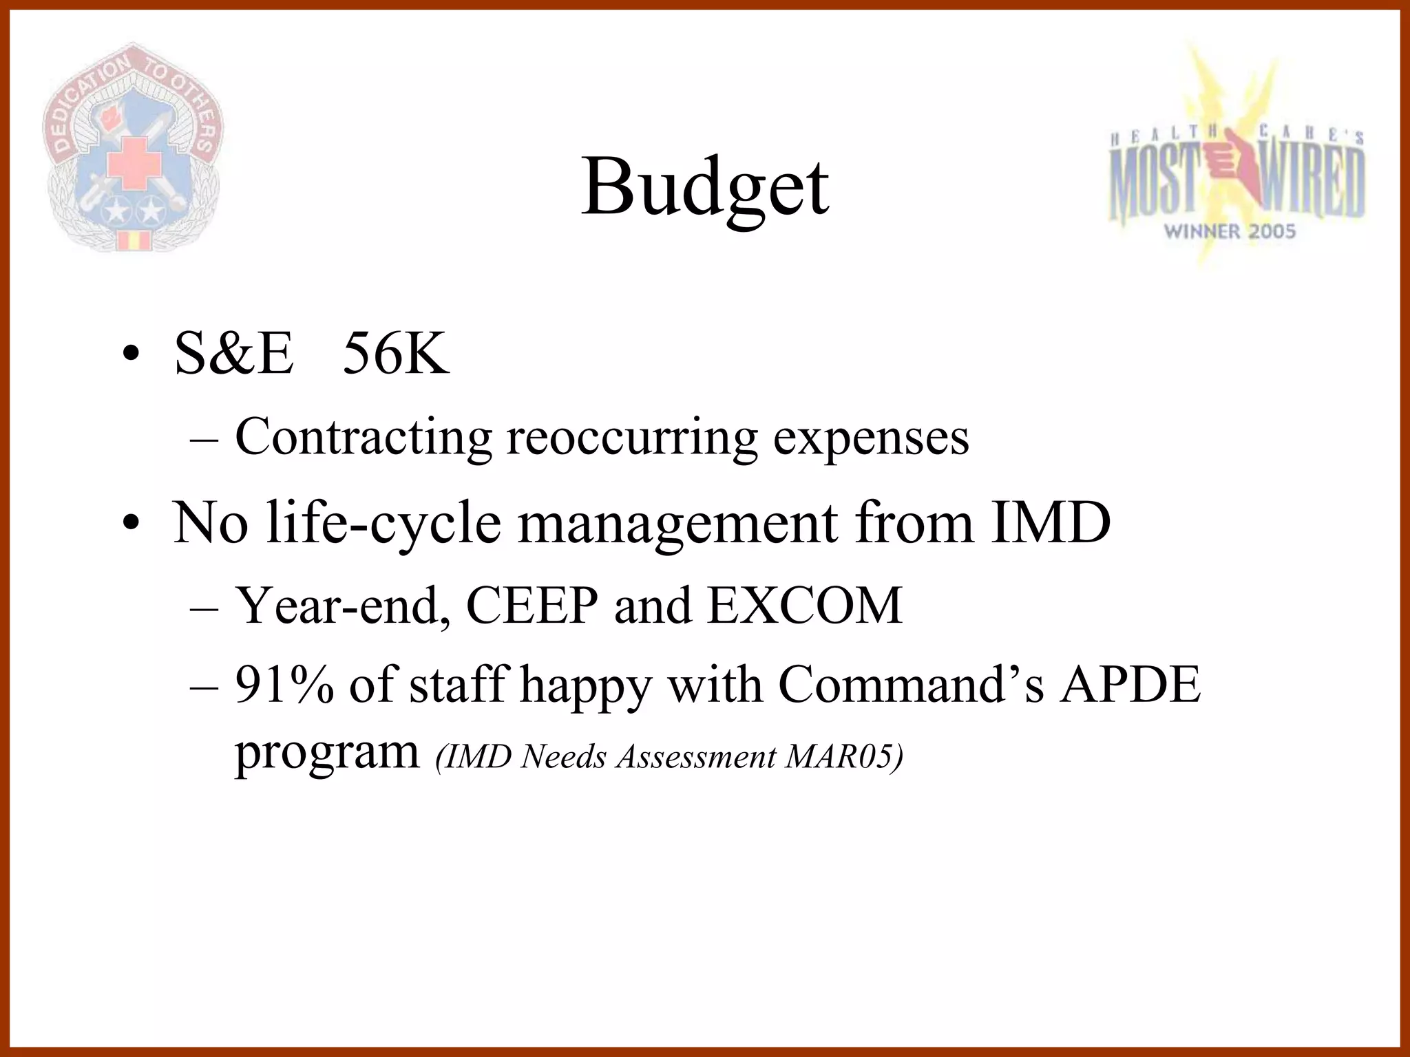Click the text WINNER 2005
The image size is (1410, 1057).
[x=1230, y=231]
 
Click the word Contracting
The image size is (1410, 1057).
[x=364, y=438]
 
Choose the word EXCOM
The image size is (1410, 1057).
[x=805, y=606]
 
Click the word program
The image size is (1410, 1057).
[x=327, y=754]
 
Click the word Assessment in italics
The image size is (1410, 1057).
[x=696, y=757]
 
